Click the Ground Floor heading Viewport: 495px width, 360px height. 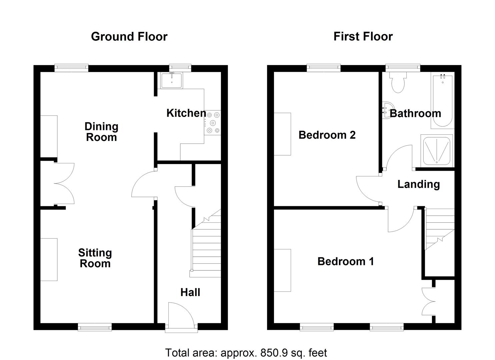[x=129, y=36]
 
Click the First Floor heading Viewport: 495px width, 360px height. [x=363, y=36]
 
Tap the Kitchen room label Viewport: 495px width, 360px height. [x=186, y=113]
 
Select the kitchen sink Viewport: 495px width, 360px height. [x=171, y=80]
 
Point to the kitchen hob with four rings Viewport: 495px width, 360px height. [x=213, y=123]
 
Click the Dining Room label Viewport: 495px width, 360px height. [x=101, y=132]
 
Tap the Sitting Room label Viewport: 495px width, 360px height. [x=95, y=258]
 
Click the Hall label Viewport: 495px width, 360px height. [x=190, y=292]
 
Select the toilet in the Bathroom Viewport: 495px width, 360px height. [x=398, y=83]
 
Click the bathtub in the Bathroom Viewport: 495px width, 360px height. [x=442, y=102]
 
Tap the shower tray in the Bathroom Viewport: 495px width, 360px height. [x=437, y=150]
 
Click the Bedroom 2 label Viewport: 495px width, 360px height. [x=327, y=135]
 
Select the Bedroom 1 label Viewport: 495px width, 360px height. [x=345, y=261]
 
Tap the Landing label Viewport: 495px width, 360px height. [x=418, y=184]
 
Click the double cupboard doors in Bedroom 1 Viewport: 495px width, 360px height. [x=429, y=302]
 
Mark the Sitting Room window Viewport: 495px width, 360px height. [x=95, y=327]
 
